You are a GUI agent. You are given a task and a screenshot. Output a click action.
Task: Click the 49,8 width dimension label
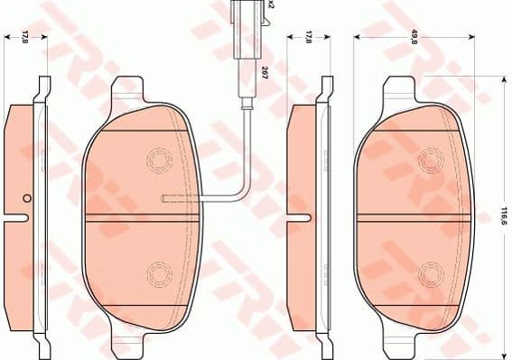click(x=414, y=36)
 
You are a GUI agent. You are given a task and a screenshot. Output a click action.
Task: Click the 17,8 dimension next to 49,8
click(x=309, y=36)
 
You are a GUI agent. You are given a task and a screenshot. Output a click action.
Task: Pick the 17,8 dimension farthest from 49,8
click(x=25, y=36)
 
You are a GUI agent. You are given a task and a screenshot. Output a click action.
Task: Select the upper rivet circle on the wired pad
click(x=159, y=161)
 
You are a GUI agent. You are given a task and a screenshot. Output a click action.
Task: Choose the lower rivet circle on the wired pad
click(x=159, y=271)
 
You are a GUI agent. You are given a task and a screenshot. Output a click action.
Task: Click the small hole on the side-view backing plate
click(x=27, y=199)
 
